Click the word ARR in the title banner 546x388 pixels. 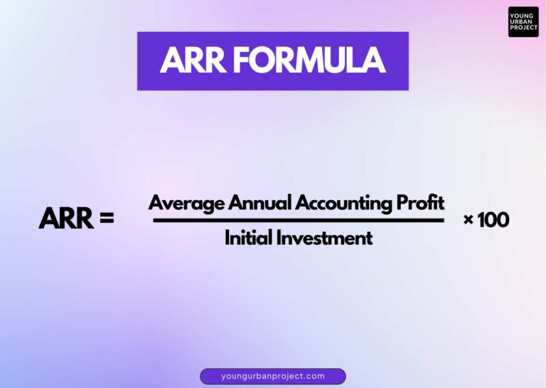pyautogui.click(x=192, y=61)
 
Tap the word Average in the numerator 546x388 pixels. pyautogui.click(x=186, y=203)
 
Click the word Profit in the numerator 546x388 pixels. pyautogui.click(x=421, y=203)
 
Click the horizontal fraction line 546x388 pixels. pyautogui.click(x=299, y=220)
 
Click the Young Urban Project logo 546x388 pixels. pyautogui.click(x=523, y=22)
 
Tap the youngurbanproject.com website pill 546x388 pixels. pyautogui.click(x=273, y=376)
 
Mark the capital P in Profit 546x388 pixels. pyautogui.click(x=403, y=203)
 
